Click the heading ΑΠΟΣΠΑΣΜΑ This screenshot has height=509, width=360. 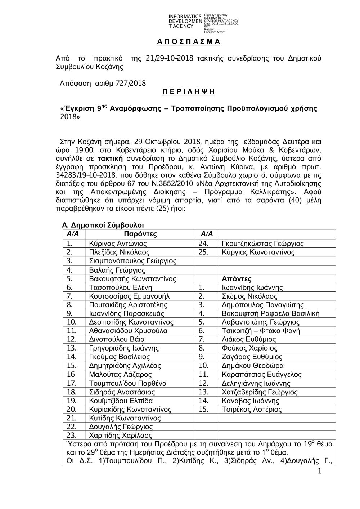pos(189,42)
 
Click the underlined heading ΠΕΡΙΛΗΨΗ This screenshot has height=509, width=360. pos(188,92)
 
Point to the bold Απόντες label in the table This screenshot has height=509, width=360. pos(237,279)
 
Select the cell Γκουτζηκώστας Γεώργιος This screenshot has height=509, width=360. pos(263,244)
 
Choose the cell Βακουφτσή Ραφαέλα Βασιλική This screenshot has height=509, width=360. pos(271,313)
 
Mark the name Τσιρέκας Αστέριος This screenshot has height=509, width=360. pos(252,409)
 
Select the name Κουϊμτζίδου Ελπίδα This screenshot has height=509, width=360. pos(121,401)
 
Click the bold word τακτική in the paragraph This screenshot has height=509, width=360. pos(109,158)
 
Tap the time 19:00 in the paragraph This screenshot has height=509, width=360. pos(82,150)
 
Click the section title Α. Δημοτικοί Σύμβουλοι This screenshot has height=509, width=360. pos(103,225)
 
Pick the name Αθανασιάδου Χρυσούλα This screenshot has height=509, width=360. pos(128,331)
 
